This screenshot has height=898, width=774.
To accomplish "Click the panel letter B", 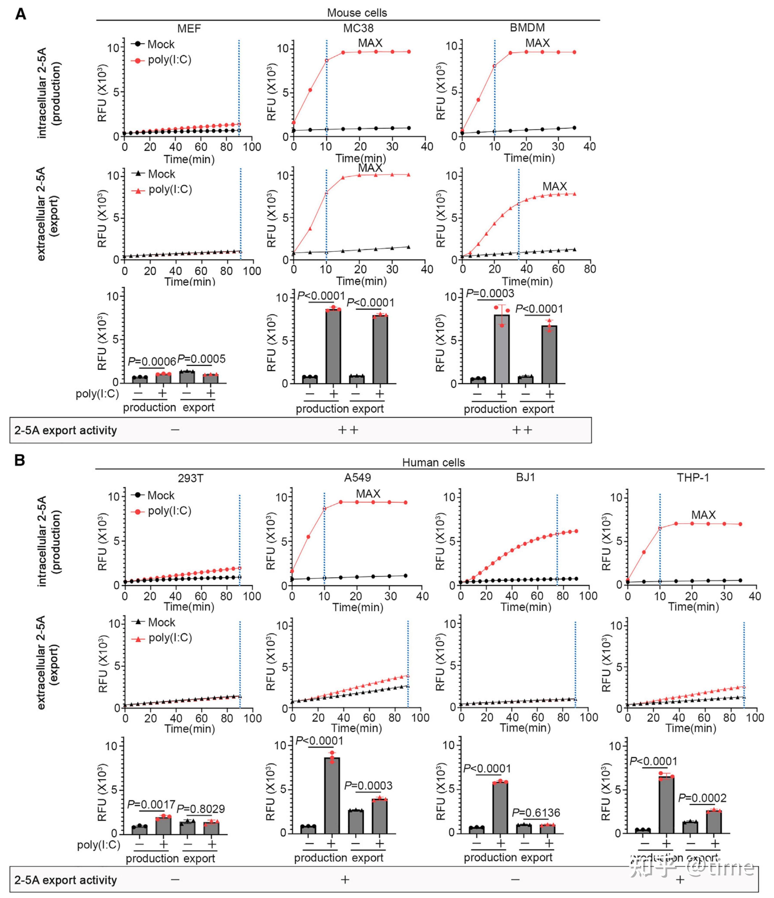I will click(20, 460).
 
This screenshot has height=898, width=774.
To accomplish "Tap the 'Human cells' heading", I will click(433, 462).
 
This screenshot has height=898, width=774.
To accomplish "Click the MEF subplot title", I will click(189, 29).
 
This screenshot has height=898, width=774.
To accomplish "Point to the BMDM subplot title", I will click(527, 28).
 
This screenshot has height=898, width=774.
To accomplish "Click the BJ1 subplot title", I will click(525, 478).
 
